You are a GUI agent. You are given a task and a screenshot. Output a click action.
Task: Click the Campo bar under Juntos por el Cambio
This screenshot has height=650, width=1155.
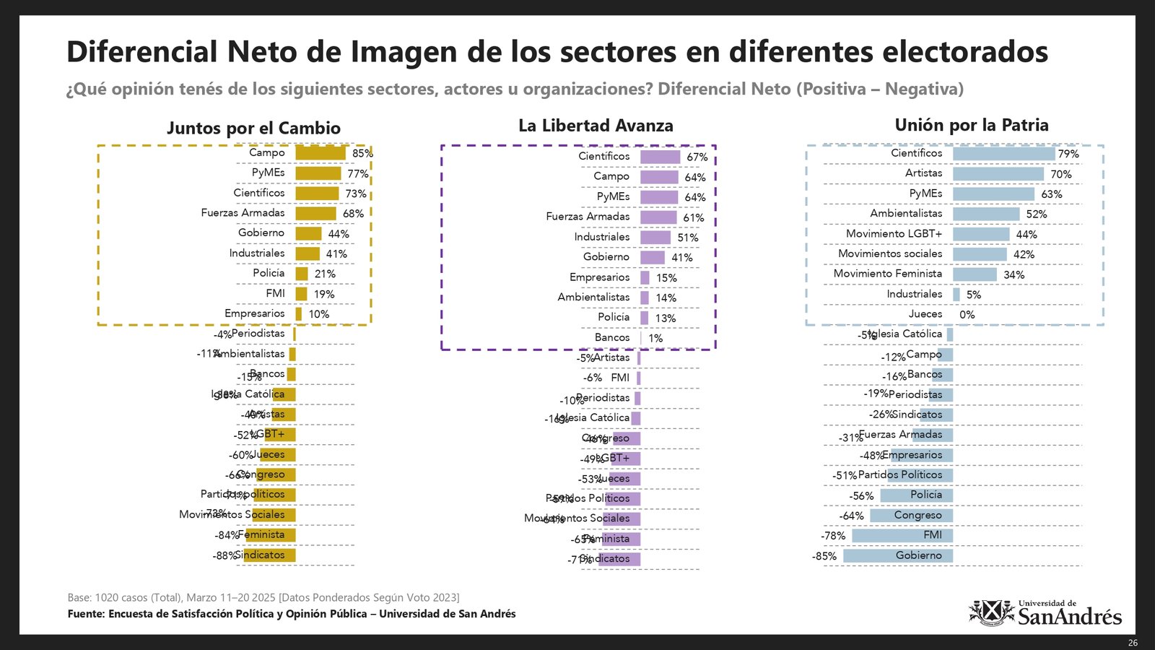pos(321,153)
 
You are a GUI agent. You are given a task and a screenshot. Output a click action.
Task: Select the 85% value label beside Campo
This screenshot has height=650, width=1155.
pos(362,153)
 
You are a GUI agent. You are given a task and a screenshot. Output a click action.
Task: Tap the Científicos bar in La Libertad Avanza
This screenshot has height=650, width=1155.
pos(660,157)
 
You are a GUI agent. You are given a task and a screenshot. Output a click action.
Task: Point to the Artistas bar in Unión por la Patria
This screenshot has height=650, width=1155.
pos(998,174)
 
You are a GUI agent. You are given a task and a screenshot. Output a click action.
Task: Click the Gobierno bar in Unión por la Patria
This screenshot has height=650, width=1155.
pos(898,555)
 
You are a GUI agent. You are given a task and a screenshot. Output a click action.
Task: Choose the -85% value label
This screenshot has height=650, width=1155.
pos(824,556)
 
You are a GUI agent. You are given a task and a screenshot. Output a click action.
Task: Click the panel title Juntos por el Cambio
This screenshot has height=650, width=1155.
pos(253,128)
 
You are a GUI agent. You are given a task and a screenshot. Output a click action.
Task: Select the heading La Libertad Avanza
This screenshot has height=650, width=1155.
pos(596,126)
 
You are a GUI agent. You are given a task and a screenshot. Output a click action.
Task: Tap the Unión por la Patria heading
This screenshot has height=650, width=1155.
pos(971,125)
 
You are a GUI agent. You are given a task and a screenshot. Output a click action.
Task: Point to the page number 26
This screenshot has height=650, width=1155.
pos(1133,643)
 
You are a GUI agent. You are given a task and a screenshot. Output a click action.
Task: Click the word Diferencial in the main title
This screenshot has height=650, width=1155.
pos(142,52)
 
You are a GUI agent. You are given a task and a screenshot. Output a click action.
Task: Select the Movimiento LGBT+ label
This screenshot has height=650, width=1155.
pos(894,233)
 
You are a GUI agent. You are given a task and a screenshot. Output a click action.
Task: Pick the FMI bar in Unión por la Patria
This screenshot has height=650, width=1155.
pos(902,535)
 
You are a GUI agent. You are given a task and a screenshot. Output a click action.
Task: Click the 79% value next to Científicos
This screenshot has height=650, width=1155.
pos(1068,154)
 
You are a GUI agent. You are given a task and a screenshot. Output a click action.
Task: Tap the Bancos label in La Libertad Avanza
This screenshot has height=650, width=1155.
pos(612,337)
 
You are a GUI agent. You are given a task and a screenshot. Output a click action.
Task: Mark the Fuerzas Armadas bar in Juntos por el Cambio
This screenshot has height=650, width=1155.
pos(315,213)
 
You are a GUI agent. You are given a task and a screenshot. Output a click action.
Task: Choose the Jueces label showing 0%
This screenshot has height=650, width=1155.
pos(925,313)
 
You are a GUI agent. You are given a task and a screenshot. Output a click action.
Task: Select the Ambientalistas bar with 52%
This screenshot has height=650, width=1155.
pos(986,214)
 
